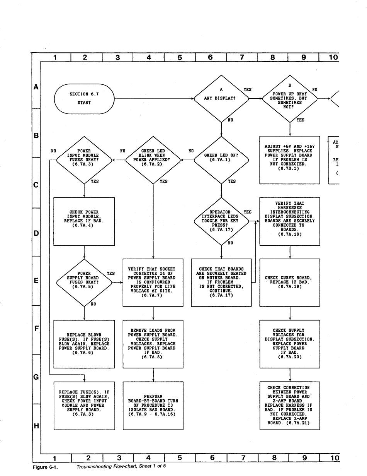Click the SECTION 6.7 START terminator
tap(84, 99)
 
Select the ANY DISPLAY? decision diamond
tap(221, 99)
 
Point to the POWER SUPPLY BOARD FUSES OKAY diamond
tap(84, 282)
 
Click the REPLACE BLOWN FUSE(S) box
tap(84, 344)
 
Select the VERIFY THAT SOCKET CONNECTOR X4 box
tap(153, 282)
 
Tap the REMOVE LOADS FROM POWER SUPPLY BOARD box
tap(153, 344)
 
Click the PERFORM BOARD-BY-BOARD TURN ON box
tap(153, 405)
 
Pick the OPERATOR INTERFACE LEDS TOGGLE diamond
tap(221, 221)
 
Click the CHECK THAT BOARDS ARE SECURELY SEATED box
tap(221, 282)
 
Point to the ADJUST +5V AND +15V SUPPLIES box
tap(290, 159)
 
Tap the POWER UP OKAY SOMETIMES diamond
tap(290, 99)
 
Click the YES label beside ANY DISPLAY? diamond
tap(247, 89)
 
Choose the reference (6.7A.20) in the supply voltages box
tap(290, 357)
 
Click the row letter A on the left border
tap(36, 87)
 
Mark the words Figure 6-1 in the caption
tap(45, 467)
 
